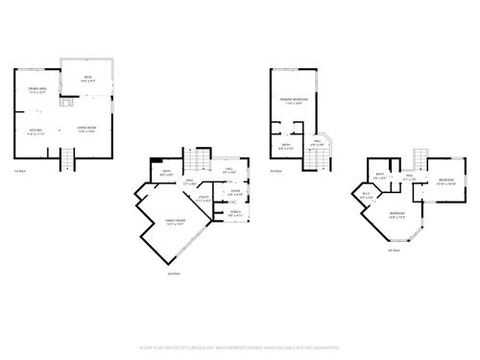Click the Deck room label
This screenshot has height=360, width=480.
[86, 78]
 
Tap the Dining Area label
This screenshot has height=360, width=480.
[37, 91]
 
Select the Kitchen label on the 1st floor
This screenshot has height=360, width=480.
[36, 131]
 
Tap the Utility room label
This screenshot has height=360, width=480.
[203, 199]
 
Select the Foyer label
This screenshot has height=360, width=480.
[234, 192]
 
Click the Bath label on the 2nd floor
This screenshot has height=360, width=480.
[167, 174]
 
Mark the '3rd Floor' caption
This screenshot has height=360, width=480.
[275, 171]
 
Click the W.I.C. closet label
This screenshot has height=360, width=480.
[366, 197]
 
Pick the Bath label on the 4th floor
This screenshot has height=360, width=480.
[381, 177]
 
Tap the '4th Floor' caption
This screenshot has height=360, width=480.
[393, 250]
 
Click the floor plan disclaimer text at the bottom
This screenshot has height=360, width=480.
[240, 346]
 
